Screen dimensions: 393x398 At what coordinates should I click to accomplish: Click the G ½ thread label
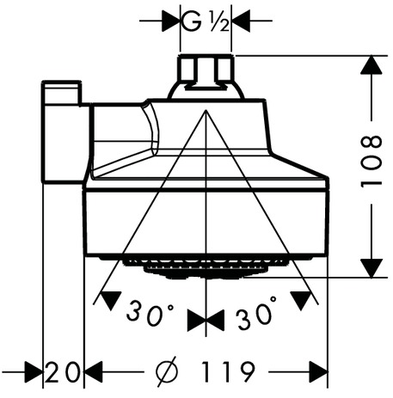click(206, 21)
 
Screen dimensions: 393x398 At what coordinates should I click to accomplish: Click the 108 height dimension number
click(372, 162)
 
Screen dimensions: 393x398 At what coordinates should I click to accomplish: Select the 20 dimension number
click(62, 372)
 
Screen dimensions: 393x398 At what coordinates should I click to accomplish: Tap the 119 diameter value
click(228, 372)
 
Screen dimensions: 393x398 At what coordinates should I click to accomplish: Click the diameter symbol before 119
click(167, 372)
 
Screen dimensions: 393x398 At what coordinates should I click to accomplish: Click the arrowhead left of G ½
click(171, 21)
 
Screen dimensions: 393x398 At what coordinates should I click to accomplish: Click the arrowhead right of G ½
click(241, 21)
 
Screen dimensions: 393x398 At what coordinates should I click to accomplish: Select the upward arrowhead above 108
click(372, 65)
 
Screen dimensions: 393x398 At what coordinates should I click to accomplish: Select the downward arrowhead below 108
click(372, 268)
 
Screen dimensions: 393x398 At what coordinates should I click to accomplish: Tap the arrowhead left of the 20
click(34, 372)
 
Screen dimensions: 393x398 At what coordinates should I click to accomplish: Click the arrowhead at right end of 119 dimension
click(318, 372)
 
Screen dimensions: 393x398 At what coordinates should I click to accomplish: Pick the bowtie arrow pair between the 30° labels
click(206, 321)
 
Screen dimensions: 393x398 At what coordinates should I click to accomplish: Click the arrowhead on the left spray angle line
click(110, 300)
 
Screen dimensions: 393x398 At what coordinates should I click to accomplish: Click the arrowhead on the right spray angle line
click(301, 300)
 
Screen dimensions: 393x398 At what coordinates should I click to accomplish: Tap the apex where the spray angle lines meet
click(206, 110)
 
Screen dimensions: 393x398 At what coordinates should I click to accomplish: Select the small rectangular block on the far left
click(63, 132)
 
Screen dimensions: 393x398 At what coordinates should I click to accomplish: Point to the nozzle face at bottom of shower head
click(206, 267)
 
